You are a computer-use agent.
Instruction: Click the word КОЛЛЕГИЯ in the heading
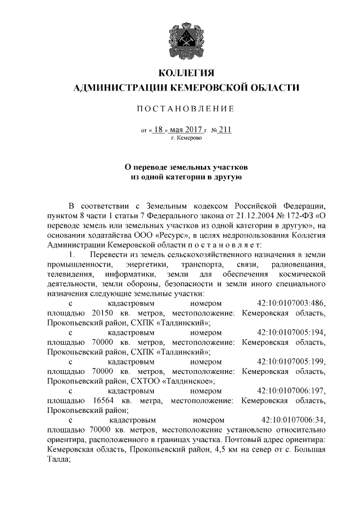tap(183, 74)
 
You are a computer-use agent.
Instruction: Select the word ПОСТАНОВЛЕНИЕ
tap(183, 108)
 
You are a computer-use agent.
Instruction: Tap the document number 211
tap(225, 129)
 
